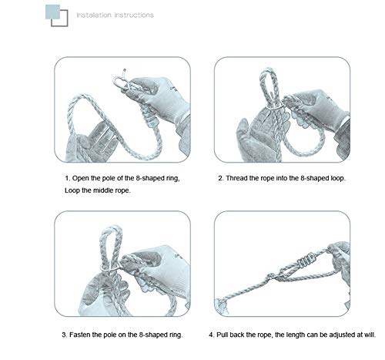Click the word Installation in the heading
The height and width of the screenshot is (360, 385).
(94, 15)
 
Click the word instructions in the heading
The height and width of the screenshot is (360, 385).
(134, 15)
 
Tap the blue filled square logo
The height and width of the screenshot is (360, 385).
(52, 12)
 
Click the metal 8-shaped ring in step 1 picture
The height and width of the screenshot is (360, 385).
(120, 82)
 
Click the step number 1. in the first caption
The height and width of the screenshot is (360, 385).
(68, 178)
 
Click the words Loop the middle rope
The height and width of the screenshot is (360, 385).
(98, 190)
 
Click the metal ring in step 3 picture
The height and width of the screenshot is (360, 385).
(110, 267)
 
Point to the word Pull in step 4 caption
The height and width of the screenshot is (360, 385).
(222, 335)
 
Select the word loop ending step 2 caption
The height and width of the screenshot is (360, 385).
(338, 178)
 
